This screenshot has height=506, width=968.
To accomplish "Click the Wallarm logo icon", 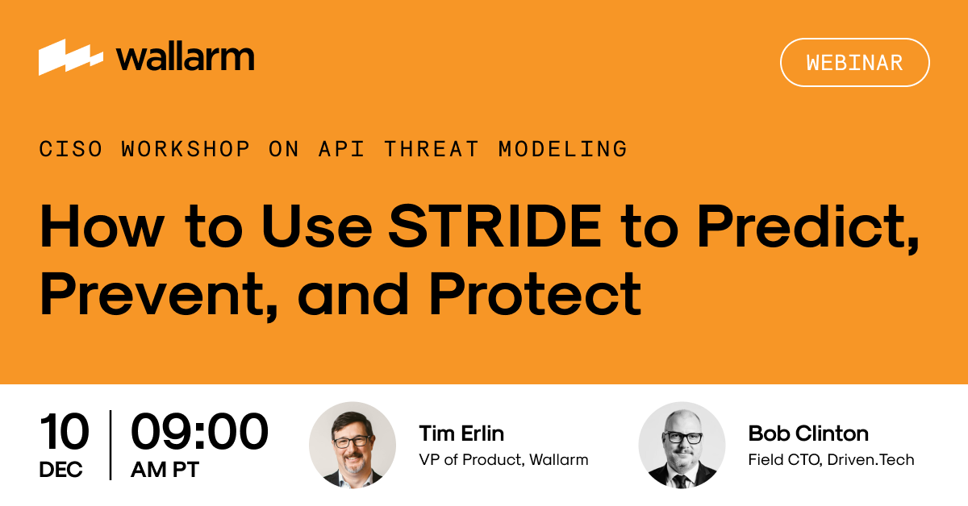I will [71, 57].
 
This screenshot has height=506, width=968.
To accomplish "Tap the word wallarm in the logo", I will [186, 56].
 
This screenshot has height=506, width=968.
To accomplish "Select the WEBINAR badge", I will [854, 62].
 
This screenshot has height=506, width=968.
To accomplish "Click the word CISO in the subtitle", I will [71, 149].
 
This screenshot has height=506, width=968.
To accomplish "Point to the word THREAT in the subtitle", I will [431, 149].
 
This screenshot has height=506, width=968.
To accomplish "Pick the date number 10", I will [64, 432].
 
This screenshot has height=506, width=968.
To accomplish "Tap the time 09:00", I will [199, 432].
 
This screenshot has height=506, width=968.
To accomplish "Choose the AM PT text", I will [165, 470].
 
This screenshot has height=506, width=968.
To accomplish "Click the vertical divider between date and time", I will [111, 445].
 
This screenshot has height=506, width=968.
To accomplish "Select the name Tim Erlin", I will [461, 433].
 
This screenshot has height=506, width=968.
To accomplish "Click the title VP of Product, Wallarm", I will [503, 460].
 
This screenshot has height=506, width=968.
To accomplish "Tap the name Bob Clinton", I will [808, 433].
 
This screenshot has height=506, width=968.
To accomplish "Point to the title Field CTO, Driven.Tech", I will [831, 460].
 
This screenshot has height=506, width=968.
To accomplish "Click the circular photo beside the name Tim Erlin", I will [353, 446].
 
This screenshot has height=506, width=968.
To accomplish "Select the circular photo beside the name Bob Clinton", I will [682, 446].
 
